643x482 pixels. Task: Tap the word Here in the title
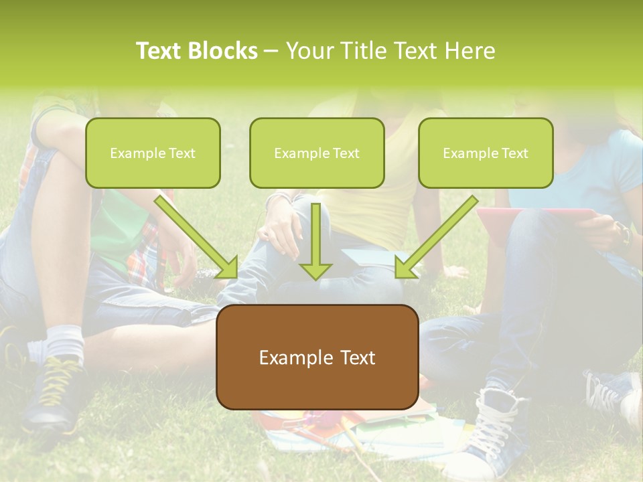coord(468,51)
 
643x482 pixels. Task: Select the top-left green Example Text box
coord(153,153)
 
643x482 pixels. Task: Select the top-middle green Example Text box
coord(317,153)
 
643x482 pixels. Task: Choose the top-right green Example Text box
coord(486,153)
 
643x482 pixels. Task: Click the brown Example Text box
coord(317,357)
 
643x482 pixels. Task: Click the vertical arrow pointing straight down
coord(316,241)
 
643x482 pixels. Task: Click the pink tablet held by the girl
coord(536,216)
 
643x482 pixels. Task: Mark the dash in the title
coord(271,51)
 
